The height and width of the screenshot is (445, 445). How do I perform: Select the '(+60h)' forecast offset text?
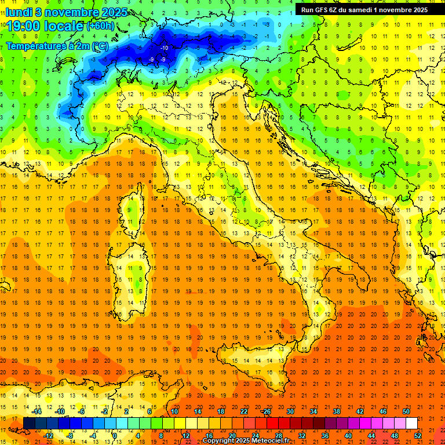(100, 26)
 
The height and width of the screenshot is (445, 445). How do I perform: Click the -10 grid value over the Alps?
(165, 48)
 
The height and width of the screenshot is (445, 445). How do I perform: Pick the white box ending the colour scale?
(411, 423)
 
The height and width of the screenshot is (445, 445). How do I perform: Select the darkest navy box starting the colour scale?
(29, 423)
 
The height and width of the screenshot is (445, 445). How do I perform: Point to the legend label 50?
(406, 411)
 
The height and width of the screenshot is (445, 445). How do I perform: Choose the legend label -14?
(37, 411)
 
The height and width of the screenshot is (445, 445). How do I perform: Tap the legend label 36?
(325, 435)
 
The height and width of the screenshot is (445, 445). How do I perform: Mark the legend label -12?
(49, 435)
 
